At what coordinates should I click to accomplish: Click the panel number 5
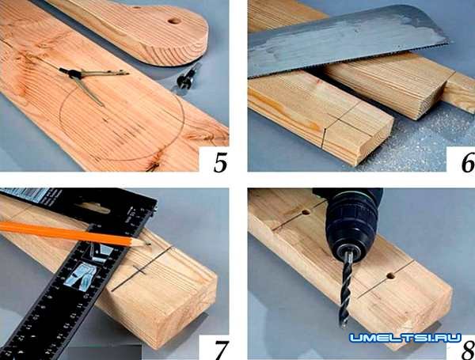(220, 163)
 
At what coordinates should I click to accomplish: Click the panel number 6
(468, 163)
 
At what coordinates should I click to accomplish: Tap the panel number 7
(221, 351)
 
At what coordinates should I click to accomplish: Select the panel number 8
(469, 351)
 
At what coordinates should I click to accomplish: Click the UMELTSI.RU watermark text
(405, 338)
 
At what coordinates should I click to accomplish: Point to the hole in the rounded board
(174, 21)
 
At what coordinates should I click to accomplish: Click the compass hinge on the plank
(74, 74)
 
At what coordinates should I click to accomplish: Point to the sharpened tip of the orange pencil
(150, 243)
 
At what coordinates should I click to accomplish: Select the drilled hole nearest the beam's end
(391, 276)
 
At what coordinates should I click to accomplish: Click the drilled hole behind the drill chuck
(306, 212)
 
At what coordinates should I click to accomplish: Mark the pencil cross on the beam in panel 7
(140, 270)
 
